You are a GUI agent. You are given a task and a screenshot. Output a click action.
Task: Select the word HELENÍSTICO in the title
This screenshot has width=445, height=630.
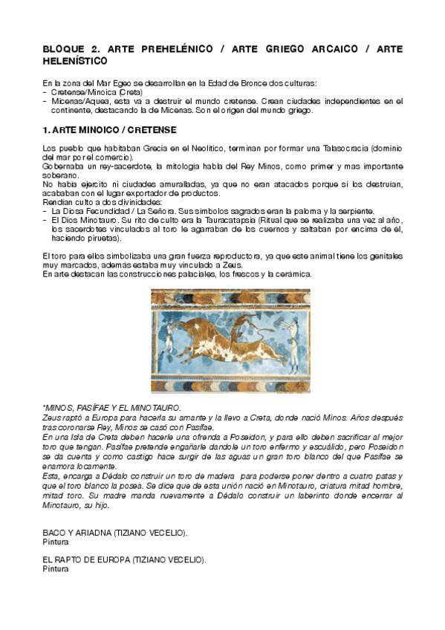(75, 60)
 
